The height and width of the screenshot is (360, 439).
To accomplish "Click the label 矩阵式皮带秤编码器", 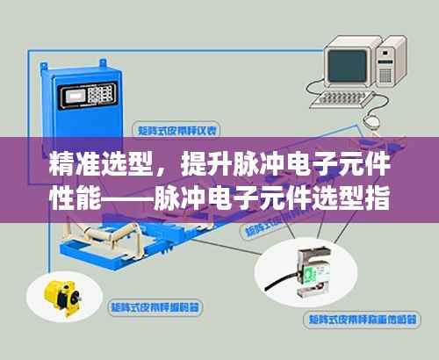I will coord(155,308).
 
